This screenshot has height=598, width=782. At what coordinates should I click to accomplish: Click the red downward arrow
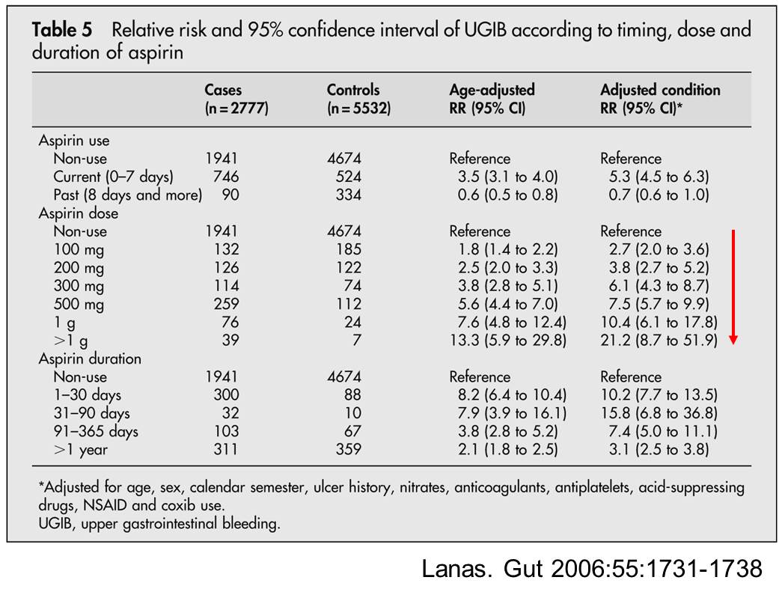click(x=733, y=287)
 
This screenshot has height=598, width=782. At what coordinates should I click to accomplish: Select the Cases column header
click(x=236, y=99)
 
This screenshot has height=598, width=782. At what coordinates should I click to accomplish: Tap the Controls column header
click(x=358, y=99)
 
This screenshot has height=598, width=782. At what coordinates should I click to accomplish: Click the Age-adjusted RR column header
click(x=492, y=99)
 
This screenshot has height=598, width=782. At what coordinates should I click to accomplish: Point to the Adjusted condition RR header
click(x=660, y=99)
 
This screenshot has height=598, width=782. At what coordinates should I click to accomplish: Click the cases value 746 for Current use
click(x=226, y=177)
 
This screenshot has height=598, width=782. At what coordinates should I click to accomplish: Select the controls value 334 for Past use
click(x=348, y=195)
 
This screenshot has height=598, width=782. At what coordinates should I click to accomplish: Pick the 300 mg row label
click(x=79, y=287)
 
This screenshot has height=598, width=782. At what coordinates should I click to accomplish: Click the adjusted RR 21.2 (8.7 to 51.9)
click(x=659, y=340)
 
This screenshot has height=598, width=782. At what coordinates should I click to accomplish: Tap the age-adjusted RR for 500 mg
click(x=507, y=304)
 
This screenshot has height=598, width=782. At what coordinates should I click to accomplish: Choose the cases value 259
click(x=226, y=304)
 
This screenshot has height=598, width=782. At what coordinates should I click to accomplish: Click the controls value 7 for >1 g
click(x=356, y=340)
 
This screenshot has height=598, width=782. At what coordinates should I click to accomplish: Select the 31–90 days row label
click(x=92, y=413)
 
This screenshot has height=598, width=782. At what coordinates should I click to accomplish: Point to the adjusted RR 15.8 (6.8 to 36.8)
click(x=659, y=413)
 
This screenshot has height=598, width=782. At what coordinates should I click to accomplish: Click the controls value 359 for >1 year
click(x=348, y=449)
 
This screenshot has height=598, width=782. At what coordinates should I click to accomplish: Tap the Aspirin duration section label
click(x=90, y=359)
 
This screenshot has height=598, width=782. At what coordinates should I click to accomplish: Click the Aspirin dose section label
click(x=79, y=213)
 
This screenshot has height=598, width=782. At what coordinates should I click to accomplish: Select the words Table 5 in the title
click(x=62, y=30)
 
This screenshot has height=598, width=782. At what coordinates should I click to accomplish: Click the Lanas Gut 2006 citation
click(x=592, y=569)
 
